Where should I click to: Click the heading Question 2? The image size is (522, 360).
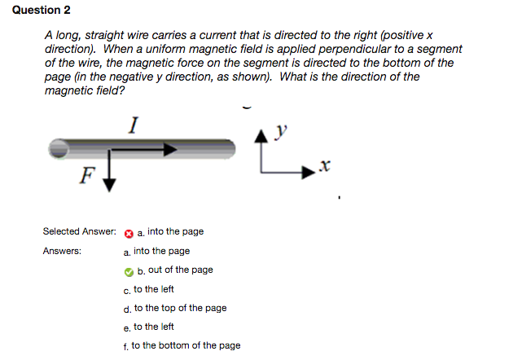click(36, 10)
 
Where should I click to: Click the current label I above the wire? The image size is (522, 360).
click(134, 125)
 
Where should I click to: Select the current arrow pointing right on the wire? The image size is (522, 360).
click(143, 150)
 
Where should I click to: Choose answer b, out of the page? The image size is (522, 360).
click(175, 270)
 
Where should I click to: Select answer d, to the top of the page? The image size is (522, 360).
click(180, 308)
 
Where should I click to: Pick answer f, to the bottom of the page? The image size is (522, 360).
click(187, 345)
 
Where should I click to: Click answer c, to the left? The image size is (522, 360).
click(154, 289)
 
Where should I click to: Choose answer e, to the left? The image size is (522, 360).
click(154, 327)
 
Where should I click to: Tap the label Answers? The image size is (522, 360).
click(62, 251)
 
